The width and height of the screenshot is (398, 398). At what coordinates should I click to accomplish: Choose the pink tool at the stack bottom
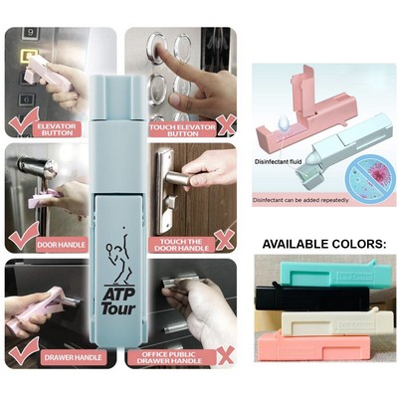[x=313, y=345]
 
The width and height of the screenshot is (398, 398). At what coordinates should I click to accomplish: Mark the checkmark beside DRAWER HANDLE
[x=22, y=350]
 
